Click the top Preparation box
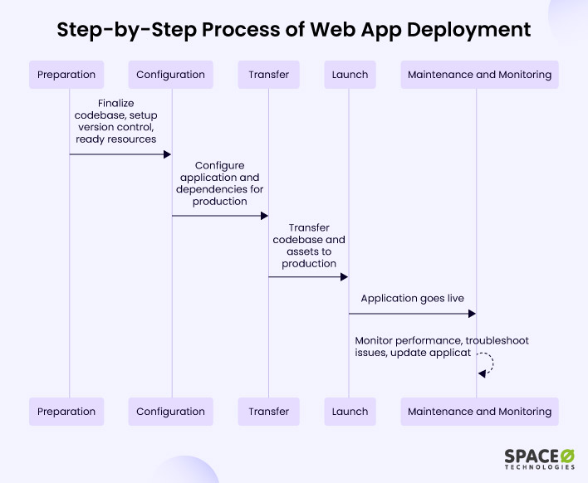tap(66, 75)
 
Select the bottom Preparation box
tap(66, 412)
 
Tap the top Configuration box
tap(170, 75)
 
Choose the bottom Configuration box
tap(170, 412)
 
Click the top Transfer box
tap(268, 75)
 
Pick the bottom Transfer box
tap(268, 412)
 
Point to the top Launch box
tap(350, 75)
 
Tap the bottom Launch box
tap(350, 412)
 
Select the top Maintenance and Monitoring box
tap(480, 75)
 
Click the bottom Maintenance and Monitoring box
tap(480, 412)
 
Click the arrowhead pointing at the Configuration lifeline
tap(167, 154)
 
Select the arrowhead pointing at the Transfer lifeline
tap(264, 216)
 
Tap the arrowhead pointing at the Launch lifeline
tap(345, 277)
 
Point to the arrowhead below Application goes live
tap(472, 314)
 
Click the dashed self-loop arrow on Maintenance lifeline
tap(493, 363)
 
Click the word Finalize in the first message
tap(116, 103)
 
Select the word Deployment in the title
tap(468, 30)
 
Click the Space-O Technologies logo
tap(540, 459)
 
